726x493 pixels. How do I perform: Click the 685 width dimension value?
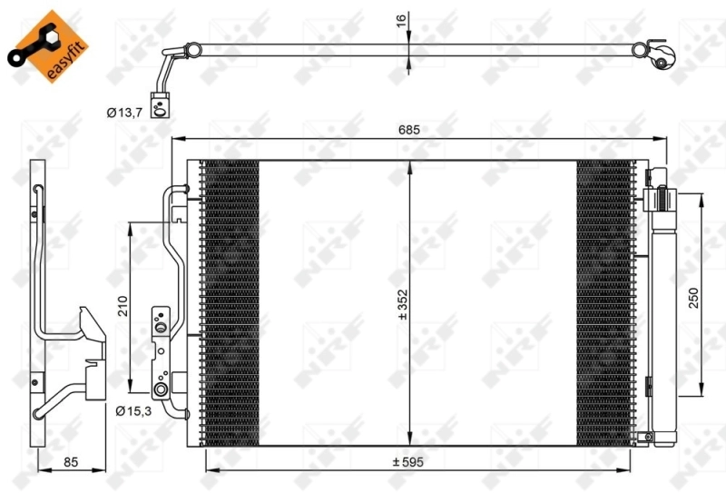(x=408, y=130)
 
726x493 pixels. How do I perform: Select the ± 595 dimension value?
(x=407, y=461)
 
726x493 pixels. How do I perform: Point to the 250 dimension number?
(x=693, y=299)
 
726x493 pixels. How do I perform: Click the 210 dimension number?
(x=123, y=305)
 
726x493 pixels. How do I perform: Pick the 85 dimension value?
(x=71, y=462)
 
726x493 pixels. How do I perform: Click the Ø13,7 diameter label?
(x=123, y=113)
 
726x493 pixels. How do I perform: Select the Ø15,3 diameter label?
(x=132, y=410)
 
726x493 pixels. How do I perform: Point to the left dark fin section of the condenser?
(x=229, y=300)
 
